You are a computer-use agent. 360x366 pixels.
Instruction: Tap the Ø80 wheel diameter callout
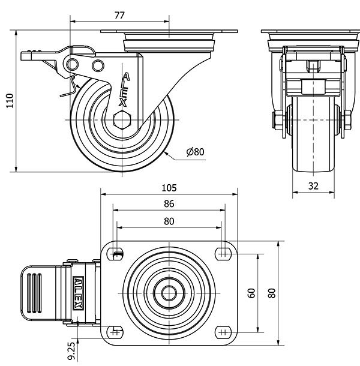click(196, 152)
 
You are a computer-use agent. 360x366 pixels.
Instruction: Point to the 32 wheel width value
click(313, 186)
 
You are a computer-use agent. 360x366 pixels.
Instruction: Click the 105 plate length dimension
click(169, 187)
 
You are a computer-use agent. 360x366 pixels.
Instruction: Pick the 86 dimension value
click(169, 204)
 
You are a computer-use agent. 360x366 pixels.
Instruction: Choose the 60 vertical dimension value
click(252, 293)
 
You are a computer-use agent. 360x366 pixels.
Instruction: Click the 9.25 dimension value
click(72, 351)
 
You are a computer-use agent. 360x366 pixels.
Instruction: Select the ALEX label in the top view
click(78, 293)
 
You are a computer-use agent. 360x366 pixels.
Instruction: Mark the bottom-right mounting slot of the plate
click(224, 331)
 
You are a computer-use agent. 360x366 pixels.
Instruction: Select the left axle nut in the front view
click(277, 120)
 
